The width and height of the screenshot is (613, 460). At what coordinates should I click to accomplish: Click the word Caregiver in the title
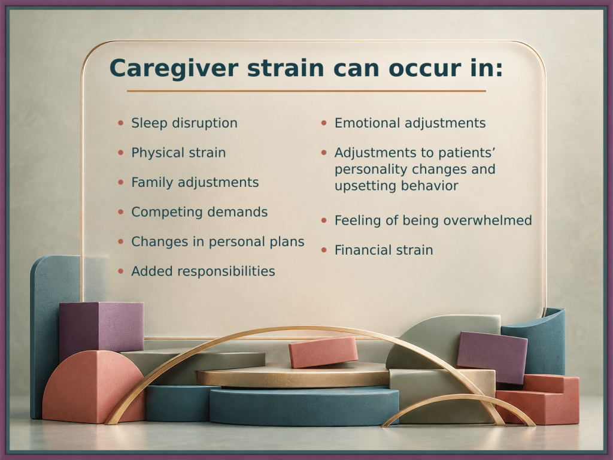point(174,68)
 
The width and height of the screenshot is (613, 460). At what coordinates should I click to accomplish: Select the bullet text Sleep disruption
point(184,123)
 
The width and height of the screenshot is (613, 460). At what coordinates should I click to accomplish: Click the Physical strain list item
point(178,153)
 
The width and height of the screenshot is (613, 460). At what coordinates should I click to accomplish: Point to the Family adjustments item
point(195,183)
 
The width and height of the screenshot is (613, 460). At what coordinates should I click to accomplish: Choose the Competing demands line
point(199,212)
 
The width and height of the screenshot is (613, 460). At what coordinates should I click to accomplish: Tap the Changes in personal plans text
point(218,242)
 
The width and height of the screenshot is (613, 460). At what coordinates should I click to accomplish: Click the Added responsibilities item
point(203,271)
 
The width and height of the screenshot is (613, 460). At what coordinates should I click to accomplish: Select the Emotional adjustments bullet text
point(410,123)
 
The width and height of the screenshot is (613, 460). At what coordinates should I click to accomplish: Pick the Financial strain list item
point(384,250)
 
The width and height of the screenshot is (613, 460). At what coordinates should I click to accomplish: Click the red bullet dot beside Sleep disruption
point(121,123)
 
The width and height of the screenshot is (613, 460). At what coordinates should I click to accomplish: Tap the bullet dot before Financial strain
point(324,250)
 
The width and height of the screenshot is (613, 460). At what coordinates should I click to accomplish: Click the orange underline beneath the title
point(306,91)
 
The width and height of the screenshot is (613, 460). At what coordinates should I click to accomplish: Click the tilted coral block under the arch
point(323,352)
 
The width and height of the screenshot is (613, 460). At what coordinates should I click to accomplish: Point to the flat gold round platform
point(293,376)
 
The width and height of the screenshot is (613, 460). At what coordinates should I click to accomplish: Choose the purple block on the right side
point(492,357)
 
